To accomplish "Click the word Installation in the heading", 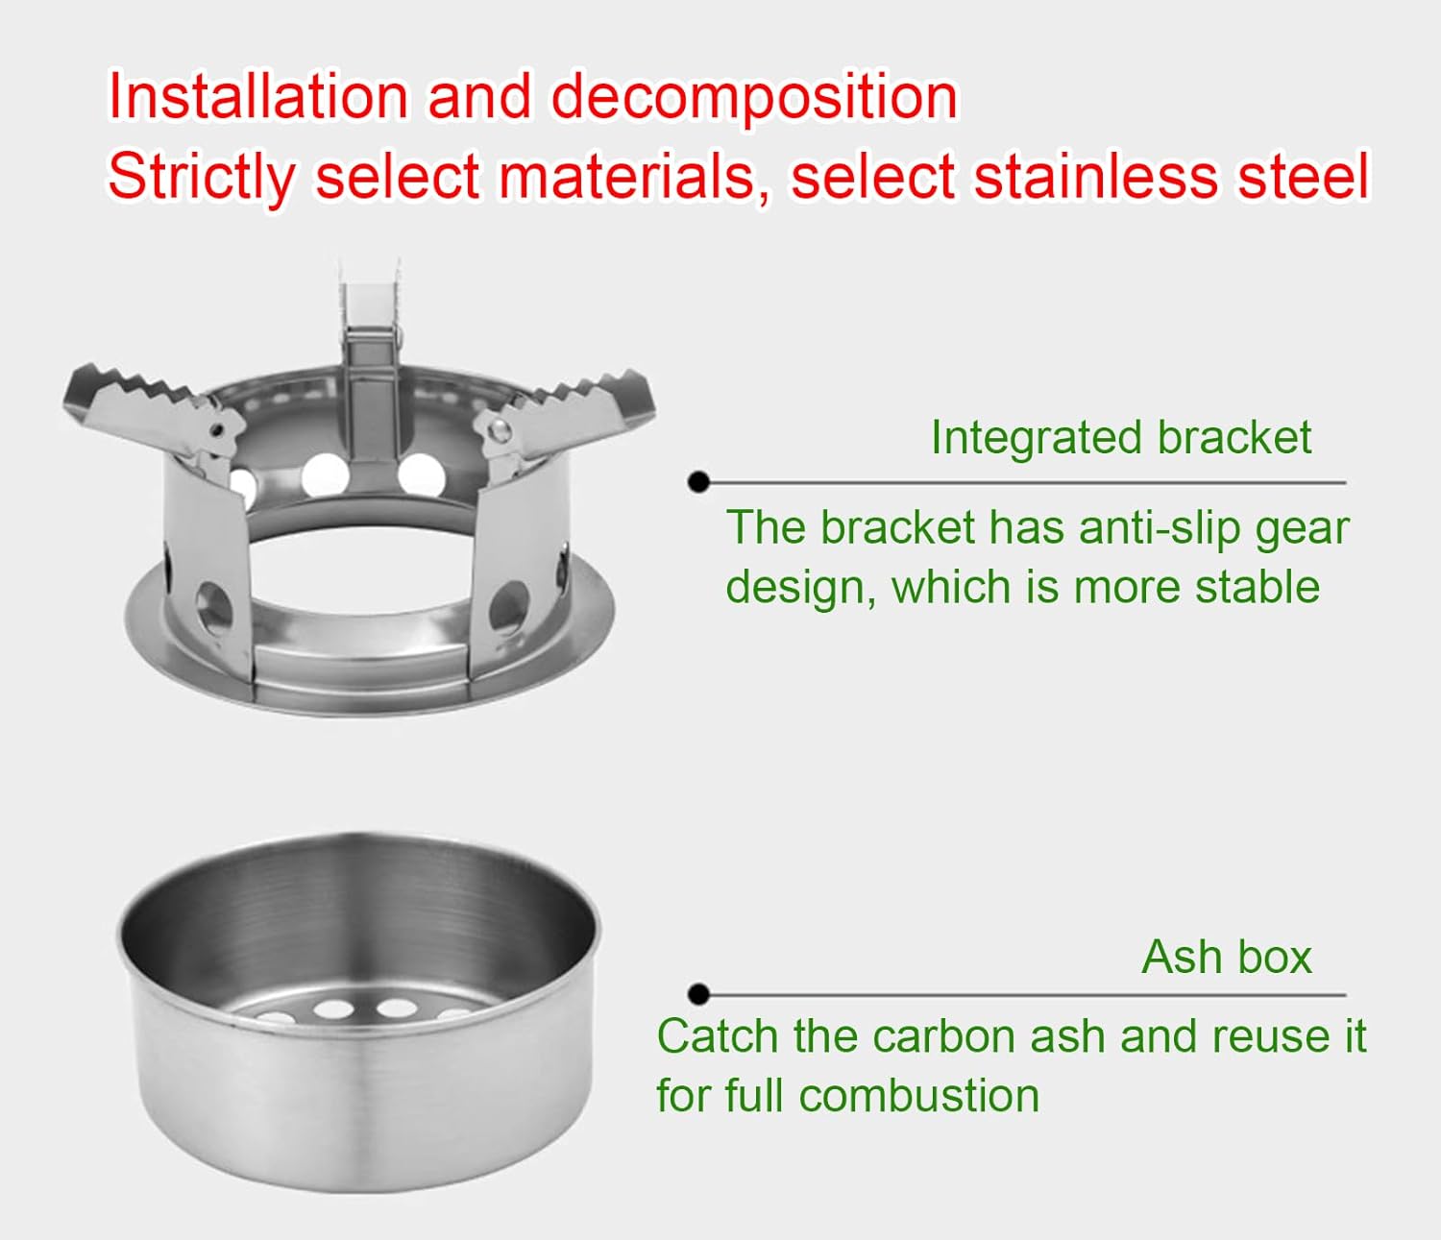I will point(257,97).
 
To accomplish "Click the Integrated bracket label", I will point(1120,438).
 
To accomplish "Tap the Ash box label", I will point(1226,957).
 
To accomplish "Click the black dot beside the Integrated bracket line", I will point(699,482).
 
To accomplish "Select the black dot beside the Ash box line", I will point(699,994).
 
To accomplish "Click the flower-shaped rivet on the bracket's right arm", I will point(501,428).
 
